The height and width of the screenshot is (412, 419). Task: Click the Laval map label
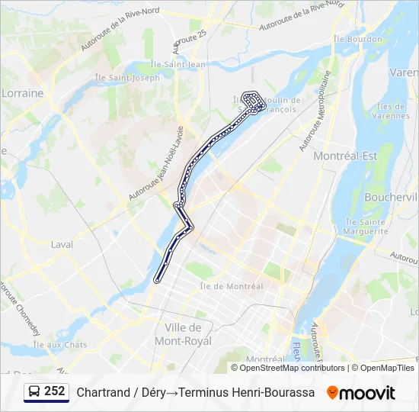pyautogui.click(x=62, y=245)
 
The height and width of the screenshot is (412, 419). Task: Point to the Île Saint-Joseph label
pyautogui.click(x=126, y=77)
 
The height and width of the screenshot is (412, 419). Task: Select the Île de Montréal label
pyautogui.click(x=231, y=286)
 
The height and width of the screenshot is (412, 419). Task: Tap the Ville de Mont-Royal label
pyautogui.click(x=183, y=334)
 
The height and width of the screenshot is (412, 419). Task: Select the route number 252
pyautogui.click(x=55, y=391)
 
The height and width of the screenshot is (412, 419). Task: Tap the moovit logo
pyautogui.click(x=361, y=393)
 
